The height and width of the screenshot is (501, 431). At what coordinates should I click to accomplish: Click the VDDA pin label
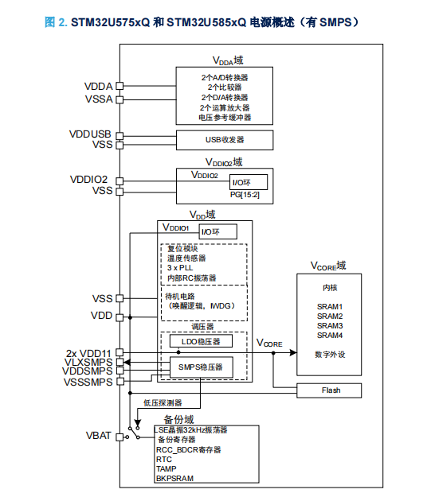pyautogui.click(x=98, y=86)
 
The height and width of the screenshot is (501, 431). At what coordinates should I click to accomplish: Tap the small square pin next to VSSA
pyautogui.click(x=120, y=99)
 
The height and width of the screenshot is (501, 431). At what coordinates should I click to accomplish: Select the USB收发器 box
pyautogui.click(x=225, y=140)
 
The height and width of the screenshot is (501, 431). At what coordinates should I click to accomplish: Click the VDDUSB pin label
pyautogui.click(x=90, y=134)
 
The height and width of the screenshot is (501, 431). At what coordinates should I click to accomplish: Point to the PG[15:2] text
pyautogui.click(x=245, y=195)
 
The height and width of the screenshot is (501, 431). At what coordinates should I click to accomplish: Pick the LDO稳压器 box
pyautogui.click(x=201, y=341)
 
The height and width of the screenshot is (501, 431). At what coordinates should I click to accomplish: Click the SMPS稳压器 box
pyautogui.click(x=201, y=367)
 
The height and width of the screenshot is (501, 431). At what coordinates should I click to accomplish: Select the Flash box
pyautogui.click(x=329, y=390)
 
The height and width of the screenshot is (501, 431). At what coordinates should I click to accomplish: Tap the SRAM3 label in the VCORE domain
pyautogui.click(x=330, y=325)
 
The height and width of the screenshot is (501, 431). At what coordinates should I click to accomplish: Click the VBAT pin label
pyautogui.click(x=99, y=436)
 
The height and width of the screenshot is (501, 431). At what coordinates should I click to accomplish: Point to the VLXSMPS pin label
pyautogui.click(x=88, y=363)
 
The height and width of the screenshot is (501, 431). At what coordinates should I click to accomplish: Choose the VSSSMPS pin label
pyautogui.click(x=88, y=383)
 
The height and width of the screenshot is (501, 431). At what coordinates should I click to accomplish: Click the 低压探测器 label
pyautogui.click(x=163, y=403)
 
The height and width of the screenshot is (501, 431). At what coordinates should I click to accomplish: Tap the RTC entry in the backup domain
pyautogui.click(x=164, y=459)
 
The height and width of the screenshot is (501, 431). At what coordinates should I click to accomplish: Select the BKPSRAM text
pyautogui.click(x=174, y=478)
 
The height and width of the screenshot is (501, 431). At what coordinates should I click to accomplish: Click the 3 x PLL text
pyautogui.click(x=180, y=268)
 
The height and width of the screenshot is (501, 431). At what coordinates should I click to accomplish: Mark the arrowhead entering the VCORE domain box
pyautogui.click(x=293, y=352)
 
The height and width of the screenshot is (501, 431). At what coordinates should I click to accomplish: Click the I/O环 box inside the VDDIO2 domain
pyautogui.click(x=249, y=182)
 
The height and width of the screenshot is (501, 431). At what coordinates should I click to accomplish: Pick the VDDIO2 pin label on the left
pyautogui.click(x=88, y=179)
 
